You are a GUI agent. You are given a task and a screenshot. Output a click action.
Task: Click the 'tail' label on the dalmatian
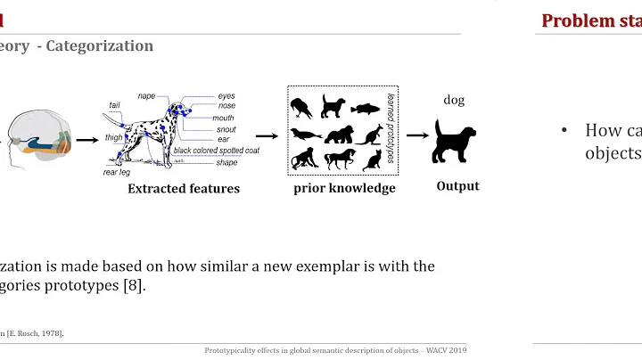114,105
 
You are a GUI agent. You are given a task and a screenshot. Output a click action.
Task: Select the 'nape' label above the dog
147,95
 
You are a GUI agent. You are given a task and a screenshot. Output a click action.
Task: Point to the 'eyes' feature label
227,95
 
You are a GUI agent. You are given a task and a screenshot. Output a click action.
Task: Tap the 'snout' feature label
226,128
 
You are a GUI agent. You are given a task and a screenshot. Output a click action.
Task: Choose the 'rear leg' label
117,172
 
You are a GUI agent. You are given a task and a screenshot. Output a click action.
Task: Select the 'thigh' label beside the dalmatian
114,136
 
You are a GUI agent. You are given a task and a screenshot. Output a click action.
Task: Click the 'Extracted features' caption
184,188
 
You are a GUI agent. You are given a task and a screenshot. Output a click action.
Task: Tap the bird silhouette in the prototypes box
303,108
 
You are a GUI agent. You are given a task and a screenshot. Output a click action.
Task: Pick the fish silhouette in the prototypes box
366,109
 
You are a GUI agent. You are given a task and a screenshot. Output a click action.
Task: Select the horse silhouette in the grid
338,160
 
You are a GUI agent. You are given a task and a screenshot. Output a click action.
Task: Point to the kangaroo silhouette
368,135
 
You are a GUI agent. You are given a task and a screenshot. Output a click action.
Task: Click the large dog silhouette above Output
453,140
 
